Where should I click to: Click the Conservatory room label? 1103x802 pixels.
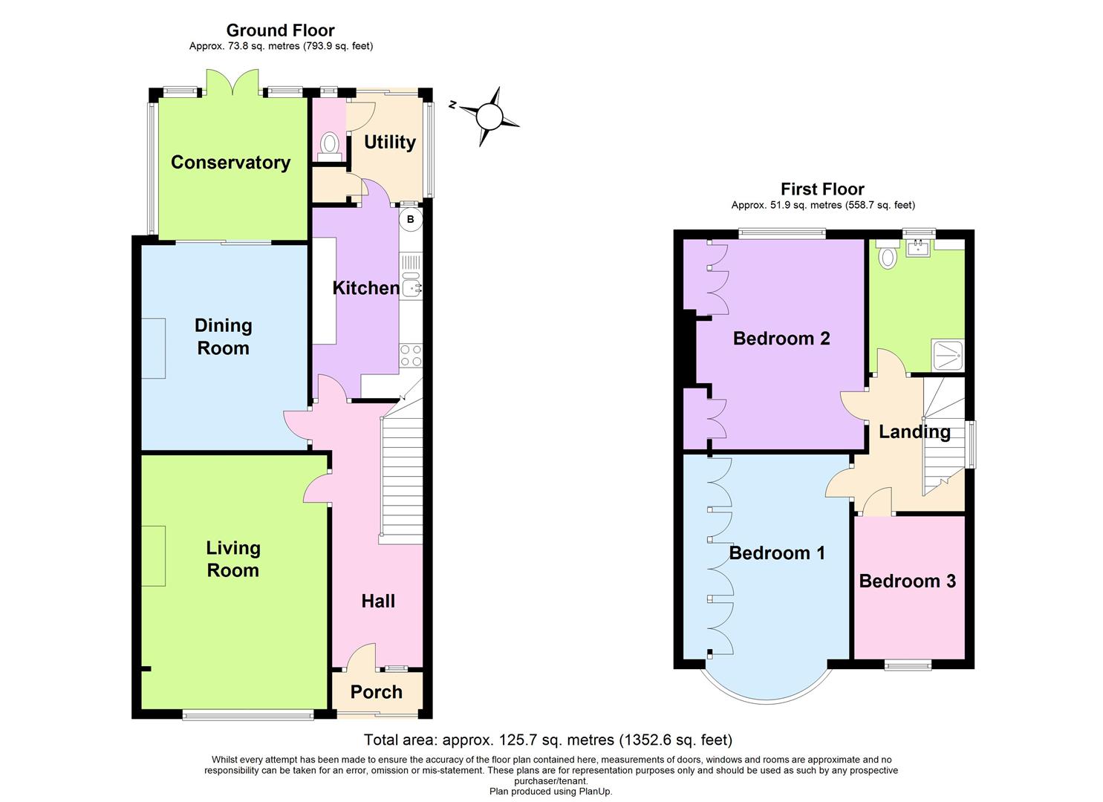pyautogui.click(x=230, y=163)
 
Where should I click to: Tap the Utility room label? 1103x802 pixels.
pyautogui.click(x=389, y=142)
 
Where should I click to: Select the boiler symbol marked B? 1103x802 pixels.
pyautogui.click(x=411, y=220)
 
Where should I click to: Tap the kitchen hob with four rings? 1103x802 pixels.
pyautogui.click(x=411, y=356)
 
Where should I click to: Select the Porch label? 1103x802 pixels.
pyautogui.click(x=376, y=692)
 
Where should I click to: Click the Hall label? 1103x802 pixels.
pyautogui.click(x=378, y=601)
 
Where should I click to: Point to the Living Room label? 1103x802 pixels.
pyautogui.click(x=232, y=559)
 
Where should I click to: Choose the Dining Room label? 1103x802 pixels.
pyautogui.click(x=223, y=336)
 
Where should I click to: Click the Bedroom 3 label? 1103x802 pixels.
pyautogui.click(x=907, y=581)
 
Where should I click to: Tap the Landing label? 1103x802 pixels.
pyautogui.click(x=914, y=431)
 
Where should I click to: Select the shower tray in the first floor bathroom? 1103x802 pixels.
pyautogui.click(x=947, y=355)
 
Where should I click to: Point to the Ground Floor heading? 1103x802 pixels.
pyautogui.click(x=280, y=30)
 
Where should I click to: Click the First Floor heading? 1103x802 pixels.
pyautogui.click(x=822, y=189)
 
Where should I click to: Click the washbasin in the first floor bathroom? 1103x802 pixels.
pyautogui.click(x=919, y=246)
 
